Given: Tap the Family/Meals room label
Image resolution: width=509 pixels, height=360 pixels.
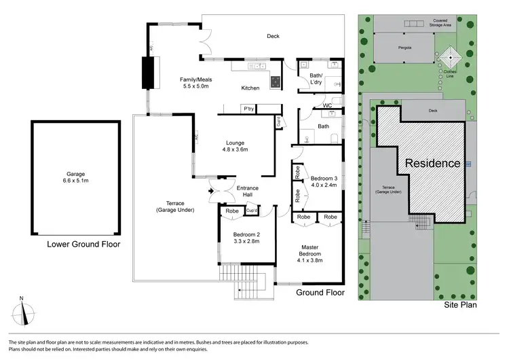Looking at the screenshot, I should [x=195, y=82].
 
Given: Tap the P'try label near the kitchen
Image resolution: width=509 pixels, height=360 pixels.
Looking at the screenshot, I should [x=248, y=109].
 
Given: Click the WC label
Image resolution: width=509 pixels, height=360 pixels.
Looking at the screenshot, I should [x=326, y=105].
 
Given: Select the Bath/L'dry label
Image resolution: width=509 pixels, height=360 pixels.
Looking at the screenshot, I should [x=312, y=79].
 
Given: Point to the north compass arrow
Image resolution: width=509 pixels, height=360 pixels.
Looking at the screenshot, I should [x=26, y=312].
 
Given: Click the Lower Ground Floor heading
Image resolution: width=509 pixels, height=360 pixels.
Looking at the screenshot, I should [x=83, y=244].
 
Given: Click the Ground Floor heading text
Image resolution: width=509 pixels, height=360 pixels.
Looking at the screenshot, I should [x=320, y=293].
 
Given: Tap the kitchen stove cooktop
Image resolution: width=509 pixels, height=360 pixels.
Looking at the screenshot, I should [x=276, y=81].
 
